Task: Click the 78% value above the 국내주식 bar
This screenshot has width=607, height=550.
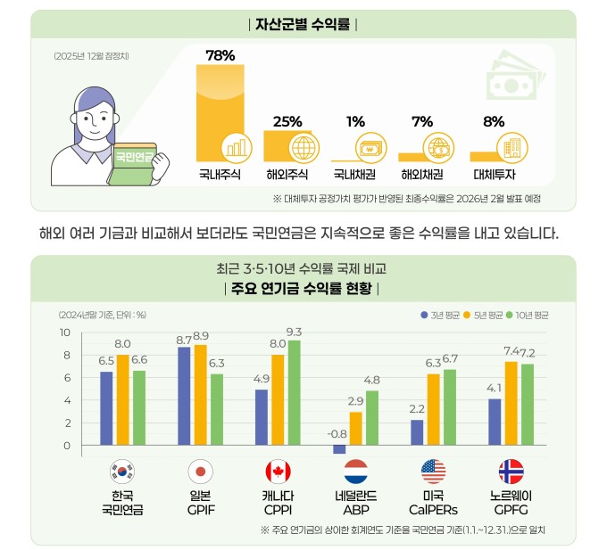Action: (220, 55)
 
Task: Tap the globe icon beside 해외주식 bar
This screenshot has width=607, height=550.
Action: (303, 146)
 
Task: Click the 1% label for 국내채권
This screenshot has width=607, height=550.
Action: (356, 121)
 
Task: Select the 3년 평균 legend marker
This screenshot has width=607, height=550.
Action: (424, 315)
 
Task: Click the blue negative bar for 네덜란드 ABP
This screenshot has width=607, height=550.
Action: (339, 449)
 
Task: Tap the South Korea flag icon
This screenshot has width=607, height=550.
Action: (121, 472)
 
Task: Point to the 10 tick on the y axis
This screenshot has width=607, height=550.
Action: (64, 332)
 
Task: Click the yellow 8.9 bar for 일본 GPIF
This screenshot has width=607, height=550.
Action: (200, 394)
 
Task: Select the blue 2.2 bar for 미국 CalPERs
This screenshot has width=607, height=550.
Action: (417, 432)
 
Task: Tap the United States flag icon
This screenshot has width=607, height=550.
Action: (434, 472)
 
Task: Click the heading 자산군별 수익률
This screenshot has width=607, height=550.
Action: (303, 23)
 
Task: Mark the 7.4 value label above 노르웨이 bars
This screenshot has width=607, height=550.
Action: (511, 350)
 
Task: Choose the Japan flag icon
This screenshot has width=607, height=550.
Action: (200, 472)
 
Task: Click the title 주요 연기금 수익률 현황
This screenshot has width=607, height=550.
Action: (303, 288)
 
